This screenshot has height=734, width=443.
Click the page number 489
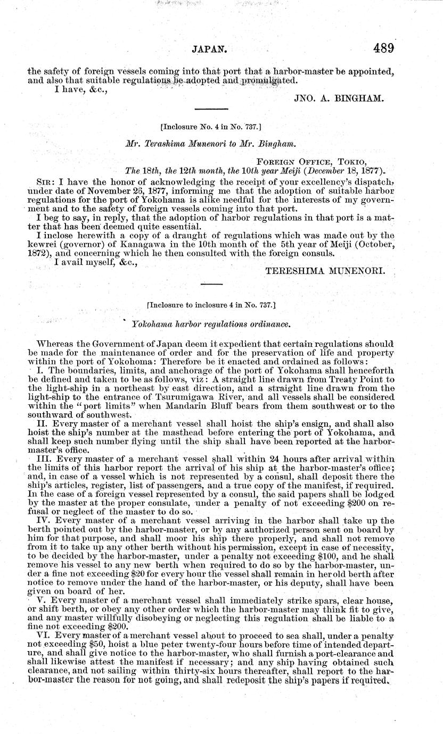tap(383, 48)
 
